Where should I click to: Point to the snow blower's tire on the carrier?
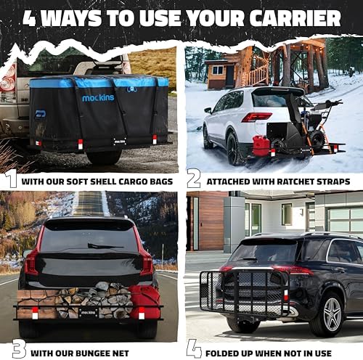coord(317,139)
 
